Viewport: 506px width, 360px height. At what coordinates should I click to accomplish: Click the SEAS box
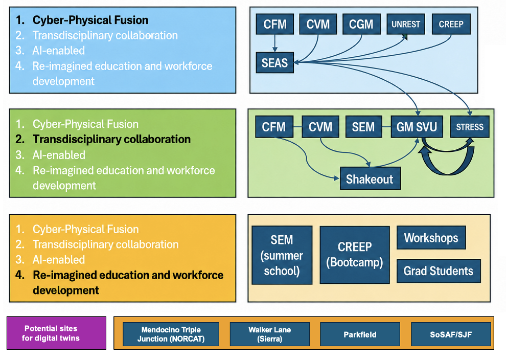tap(274, 62)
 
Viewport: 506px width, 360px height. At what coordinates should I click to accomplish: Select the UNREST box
tap(406, 24)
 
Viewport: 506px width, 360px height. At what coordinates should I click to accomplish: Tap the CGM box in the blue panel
tap(361, 24)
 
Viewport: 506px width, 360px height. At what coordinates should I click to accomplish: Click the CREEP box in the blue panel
tap(451, 24)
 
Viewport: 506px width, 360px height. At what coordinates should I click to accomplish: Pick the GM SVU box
tap(417, 127)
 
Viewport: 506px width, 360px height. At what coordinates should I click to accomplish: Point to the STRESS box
tap(470, 127)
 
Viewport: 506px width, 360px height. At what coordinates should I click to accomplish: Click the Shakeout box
tap(370, 178)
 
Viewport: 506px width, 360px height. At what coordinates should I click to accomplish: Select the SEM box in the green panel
tap(364, 127)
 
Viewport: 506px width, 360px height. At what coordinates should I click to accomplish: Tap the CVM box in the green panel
tap(320, 127)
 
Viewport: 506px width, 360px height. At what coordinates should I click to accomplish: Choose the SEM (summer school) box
tap(282, 255)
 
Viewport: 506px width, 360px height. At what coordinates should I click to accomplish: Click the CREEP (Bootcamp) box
tap(355, 255)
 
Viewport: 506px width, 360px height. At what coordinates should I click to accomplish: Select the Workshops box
tap(431, 238)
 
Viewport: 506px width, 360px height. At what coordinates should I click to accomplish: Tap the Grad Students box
tap(439, 271)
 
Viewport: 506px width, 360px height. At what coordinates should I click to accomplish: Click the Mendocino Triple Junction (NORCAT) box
tap(171, 334)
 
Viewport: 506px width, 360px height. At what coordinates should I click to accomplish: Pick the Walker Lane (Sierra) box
tap(269, 334)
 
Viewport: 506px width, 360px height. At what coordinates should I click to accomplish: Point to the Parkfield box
tap(360, 334)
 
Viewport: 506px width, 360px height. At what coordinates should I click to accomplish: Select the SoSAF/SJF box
tap(451, 334)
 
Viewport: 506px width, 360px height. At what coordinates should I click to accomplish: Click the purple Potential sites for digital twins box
tap(56, 333)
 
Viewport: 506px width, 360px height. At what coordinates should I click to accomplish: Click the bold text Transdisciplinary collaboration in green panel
tap(111, 139)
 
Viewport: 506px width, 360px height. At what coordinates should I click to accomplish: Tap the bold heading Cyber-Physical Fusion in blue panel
tap(90, 20)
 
